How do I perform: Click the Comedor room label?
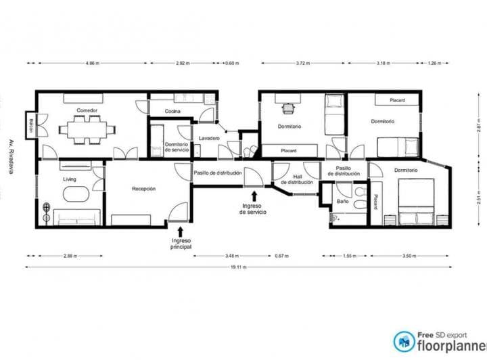(x=87, y=110)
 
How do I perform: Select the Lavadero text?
(x=210, y=139)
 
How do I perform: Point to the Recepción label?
(x=144, y=189)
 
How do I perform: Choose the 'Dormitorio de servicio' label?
(x=177, y=146)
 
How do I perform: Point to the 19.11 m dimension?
(x=237, y=267)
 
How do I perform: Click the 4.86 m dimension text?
(x=93, y=63)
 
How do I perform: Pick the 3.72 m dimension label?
(x=302, y=63)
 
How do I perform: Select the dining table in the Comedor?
(x=88, y=129)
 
